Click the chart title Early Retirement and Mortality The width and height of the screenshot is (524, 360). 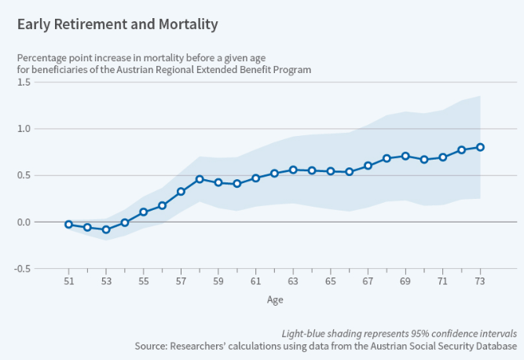click(118, 24)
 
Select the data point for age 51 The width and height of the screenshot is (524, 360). click(69, 224)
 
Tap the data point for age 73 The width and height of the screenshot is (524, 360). click(480, 147)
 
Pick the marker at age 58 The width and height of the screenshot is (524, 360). click(200, 179)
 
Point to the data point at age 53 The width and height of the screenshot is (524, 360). click(106, 230)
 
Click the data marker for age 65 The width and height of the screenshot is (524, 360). click(331, 171)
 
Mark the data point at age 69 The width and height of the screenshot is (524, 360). click(405, 156)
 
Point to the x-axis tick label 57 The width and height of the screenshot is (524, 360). click(181, 280)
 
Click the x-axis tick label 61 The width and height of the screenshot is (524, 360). click(255, 280)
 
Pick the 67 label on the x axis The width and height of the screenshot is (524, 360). click(368, 280)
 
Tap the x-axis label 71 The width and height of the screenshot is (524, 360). click(442, 280)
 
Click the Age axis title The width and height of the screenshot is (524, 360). click(274, 299)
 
